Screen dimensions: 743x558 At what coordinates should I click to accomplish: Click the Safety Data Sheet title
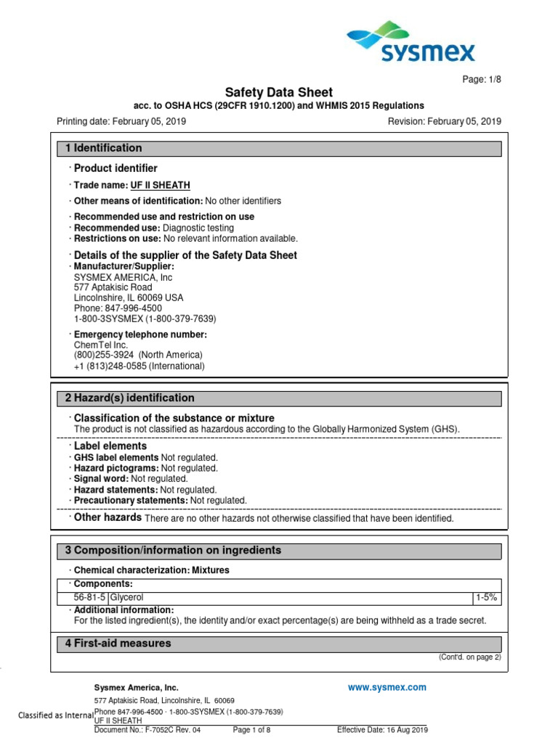click(x=279, y=92)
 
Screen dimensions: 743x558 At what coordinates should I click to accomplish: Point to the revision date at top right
click(x=445, y=122)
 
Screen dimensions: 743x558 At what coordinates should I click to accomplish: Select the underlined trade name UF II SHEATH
click(x=161, y=186)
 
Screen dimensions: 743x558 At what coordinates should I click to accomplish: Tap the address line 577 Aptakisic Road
click(x=113, y=287)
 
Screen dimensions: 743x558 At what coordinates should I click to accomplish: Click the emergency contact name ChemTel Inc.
click(x=101, y=345)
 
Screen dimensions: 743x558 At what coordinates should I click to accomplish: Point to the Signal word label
click(x=101, y=479)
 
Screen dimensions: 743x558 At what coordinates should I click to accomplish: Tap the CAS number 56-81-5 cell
click(x=89, y=597)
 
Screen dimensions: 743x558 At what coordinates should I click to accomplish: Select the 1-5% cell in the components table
click(x=485, y=597)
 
